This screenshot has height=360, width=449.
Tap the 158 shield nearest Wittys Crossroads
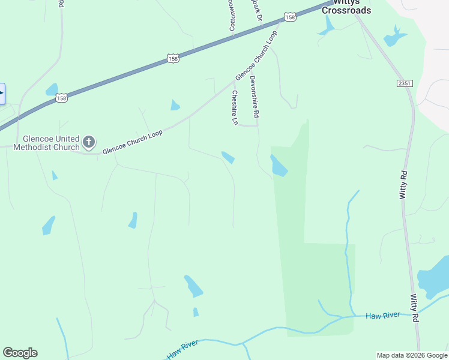291,17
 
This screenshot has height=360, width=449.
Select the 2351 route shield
405,83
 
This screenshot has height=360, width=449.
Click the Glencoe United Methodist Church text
46,143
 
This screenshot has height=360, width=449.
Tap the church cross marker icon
89,142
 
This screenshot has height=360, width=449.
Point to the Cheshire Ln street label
235,108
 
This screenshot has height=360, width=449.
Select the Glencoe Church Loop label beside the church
132,142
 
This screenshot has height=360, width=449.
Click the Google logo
20,353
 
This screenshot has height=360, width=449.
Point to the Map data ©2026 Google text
412,355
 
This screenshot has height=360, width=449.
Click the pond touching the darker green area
279,166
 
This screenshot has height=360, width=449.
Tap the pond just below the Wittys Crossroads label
328,26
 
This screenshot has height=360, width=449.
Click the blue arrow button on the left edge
2,94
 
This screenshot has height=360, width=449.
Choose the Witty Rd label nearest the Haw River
415,308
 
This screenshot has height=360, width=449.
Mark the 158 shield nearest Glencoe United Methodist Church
61,97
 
